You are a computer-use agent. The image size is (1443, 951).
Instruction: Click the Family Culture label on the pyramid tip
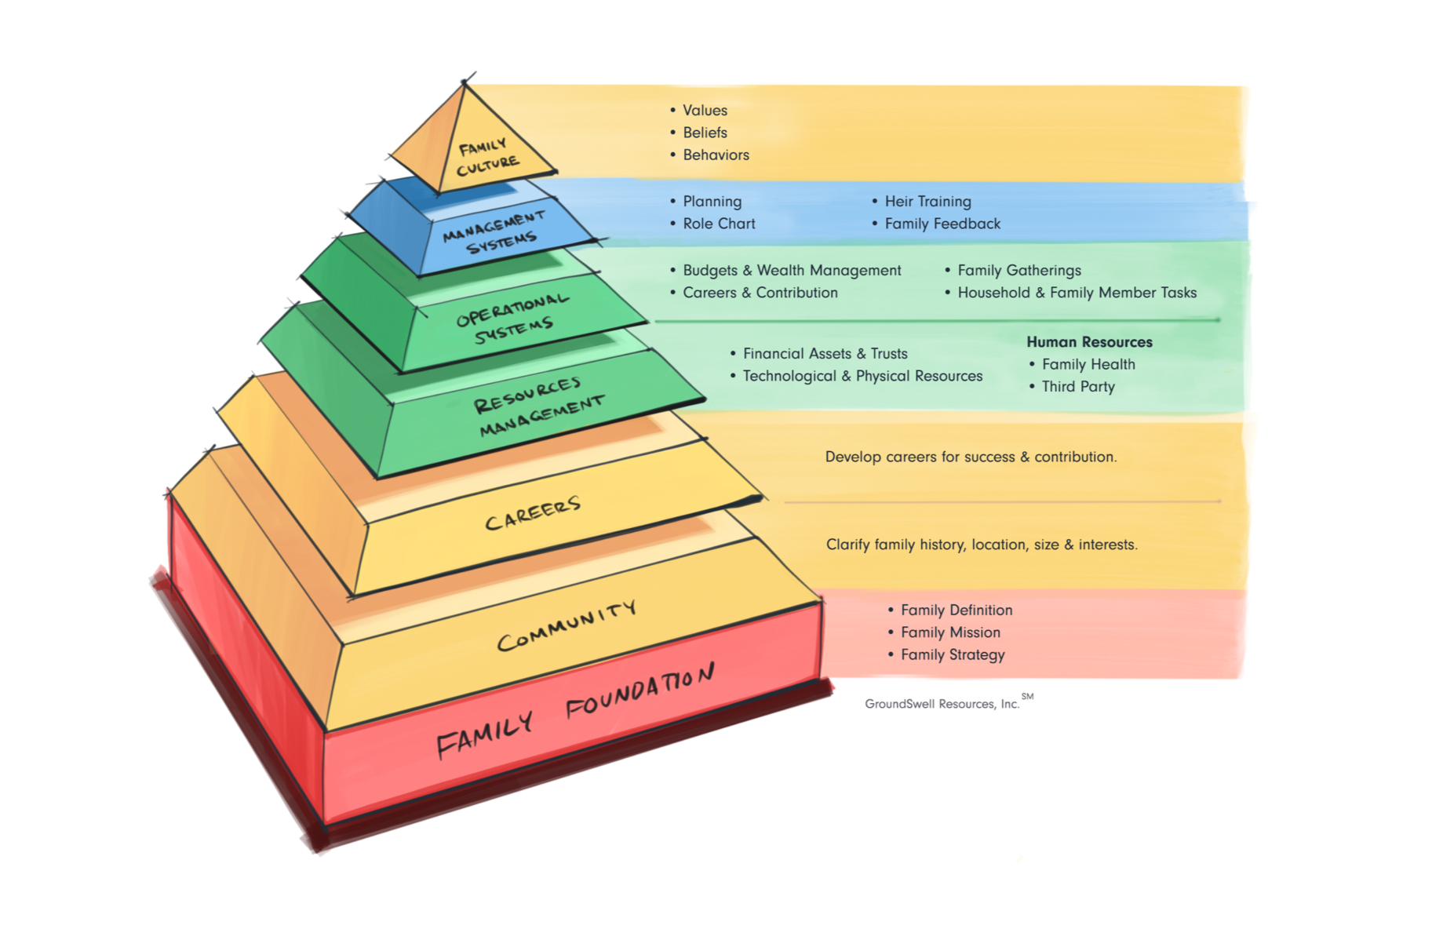(487, 156)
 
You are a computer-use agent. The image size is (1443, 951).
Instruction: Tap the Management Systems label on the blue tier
(494, 232)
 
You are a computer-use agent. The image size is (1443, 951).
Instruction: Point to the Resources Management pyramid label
(538, 406)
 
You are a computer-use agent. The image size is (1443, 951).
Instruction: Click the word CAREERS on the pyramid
(533, 513)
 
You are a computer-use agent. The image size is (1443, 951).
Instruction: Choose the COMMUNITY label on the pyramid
(567, 626)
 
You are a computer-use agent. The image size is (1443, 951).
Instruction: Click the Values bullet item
(705, 111)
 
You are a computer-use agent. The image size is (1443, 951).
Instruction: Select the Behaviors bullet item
(716, 155)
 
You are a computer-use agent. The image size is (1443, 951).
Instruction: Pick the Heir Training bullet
(927, 202)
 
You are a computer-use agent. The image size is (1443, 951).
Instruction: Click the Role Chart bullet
(719, 224)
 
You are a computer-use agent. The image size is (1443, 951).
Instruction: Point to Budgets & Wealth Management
(792, 271)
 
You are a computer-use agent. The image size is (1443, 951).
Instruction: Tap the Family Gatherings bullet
(1018, 271)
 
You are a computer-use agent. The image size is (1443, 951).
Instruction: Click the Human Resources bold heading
(1089, 342)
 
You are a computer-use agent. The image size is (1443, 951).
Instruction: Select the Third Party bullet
(1077, 387)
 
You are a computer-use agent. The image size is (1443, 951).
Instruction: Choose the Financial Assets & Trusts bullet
(825, 354)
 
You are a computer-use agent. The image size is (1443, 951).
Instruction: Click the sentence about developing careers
(971, 457)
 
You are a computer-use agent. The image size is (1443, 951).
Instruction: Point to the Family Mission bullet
(950, 632)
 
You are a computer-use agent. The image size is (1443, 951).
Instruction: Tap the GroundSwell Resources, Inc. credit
(942, 704)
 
